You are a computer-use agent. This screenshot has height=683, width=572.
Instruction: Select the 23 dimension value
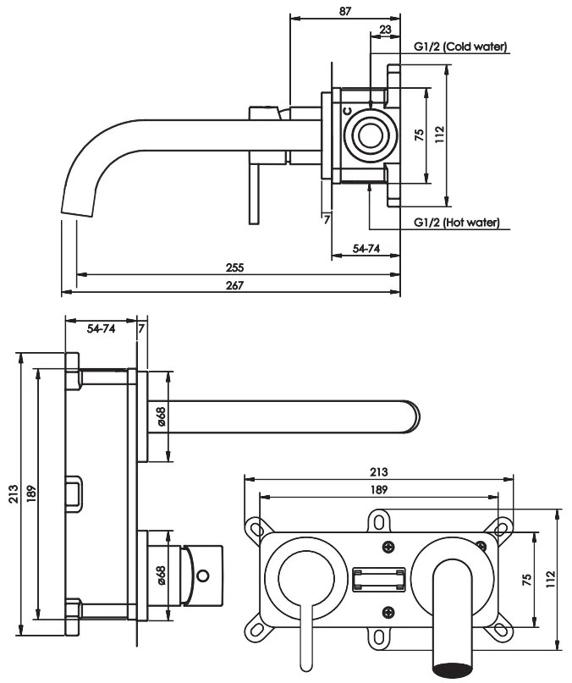point(385,29)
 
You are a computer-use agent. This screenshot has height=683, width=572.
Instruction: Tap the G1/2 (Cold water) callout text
point(460,47)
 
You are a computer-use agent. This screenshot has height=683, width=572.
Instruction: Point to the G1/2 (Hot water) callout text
point(457,223)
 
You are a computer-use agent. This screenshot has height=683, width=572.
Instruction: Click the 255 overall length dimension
point(234,267)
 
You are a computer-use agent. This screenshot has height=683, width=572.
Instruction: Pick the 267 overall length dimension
point(234,285)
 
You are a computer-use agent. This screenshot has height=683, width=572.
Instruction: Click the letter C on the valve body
point(347,110)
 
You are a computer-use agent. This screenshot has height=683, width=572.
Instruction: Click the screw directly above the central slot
point(388,547)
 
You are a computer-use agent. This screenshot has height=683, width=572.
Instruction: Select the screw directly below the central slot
point(388,612)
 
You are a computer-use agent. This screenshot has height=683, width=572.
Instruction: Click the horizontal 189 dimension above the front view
point(378,490)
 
